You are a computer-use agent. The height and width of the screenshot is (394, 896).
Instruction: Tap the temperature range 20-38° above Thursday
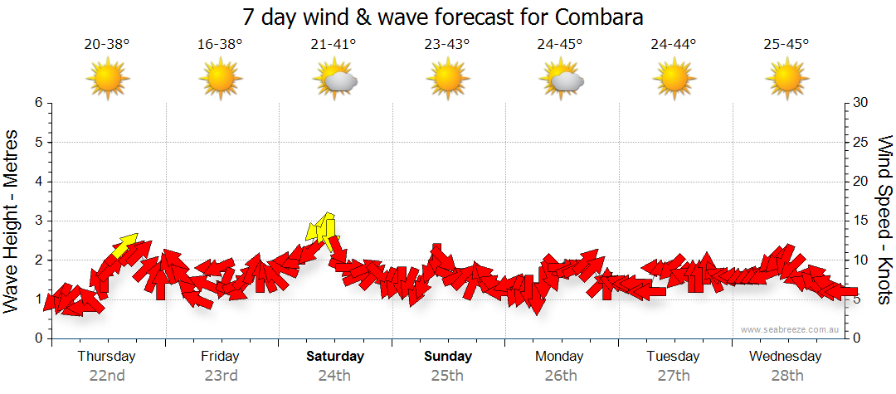coord(107,45)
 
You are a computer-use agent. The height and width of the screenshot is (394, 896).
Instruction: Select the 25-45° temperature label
coord(786,45)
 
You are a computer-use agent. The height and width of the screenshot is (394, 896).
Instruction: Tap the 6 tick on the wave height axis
coord(38,103)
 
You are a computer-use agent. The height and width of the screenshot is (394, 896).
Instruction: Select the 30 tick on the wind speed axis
coord(862,103)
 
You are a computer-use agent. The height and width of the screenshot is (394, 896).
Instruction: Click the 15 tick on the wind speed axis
coord(862,221)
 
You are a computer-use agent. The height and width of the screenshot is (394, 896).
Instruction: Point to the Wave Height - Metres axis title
coord(12,221)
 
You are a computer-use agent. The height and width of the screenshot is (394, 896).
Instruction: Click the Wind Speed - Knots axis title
coord(884,221)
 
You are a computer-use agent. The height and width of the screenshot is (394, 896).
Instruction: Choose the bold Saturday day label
coord(335,357)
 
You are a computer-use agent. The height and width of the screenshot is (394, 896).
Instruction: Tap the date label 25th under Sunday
coord(448,375)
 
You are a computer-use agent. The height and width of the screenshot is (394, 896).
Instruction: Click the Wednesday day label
coord(785,357)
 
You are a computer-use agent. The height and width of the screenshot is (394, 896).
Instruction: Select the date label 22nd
coord(107,375)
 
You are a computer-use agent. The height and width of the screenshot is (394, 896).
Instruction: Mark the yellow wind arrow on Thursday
coord(125,245)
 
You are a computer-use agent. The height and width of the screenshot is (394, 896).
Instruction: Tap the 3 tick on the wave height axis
coord(38,221)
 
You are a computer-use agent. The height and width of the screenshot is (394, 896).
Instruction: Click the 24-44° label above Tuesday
coord(674,45)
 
